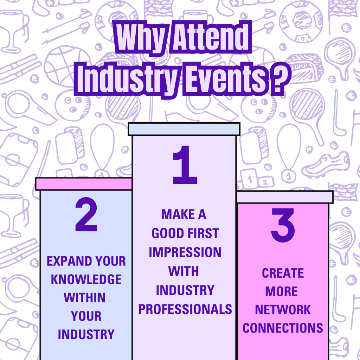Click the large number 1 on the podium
coord(185,165)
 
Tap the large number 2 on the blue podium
coord(86,214)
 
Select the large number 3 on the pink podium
coord(283,225)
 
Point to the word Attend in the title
coord(211,37)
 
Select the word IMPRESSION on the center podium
coord(185,252)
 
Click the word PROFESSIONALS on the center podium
coord(185,309)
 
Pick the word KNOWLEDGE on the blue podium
coord(86,279)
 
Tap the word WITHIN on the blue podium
coord(84,298)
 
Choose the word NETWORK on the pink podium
coord(283,310)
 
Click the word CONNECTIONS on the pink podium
coord(283,328)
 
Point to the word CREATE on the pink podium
coord(283,273)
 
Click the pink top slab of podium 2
coord(84,184)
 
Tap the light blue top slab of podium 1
coord(184,129)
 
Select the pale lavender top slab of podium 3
coord(285,197)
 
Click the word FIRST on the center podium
coord(203,233)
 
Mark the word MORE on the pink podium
coord(282,291)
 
